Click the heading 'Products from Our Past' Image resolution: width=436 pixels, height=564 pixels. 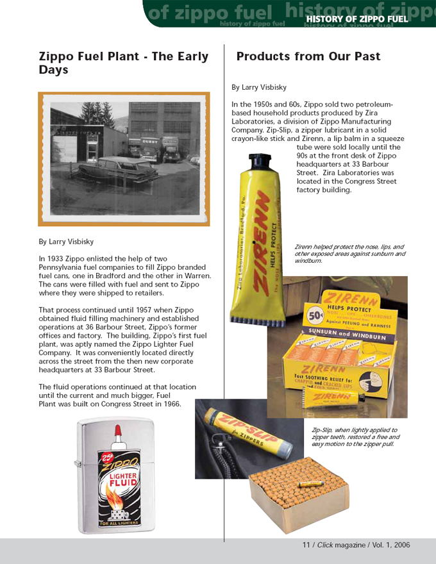click(308, 56)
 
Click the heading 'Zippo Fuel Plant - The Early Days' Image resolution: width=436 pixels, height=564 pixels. click(123, 63)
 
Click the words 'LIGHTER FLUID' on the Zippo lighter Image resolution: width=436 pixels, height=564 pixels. click(121, 481)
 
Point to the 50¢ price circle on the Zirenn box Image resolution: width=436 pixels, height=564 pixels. click(315, 315)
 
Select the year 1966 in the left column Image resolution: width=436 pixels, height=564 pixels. click(169, 404)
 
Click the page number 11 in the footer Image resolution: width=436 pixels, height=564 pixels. click(306, 545)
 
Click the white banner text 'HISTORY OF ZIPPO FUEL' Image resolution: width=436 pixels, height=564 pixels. click(356, 19)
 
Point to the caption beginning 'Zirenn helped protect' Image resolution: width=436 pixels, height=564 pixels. click(349, 253)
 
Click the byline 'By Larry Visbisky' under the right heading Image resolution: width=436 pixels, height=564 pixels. click(259, 87)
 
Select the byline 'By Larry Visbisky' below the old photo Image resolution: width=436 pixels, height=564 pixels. click(66, 242)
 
